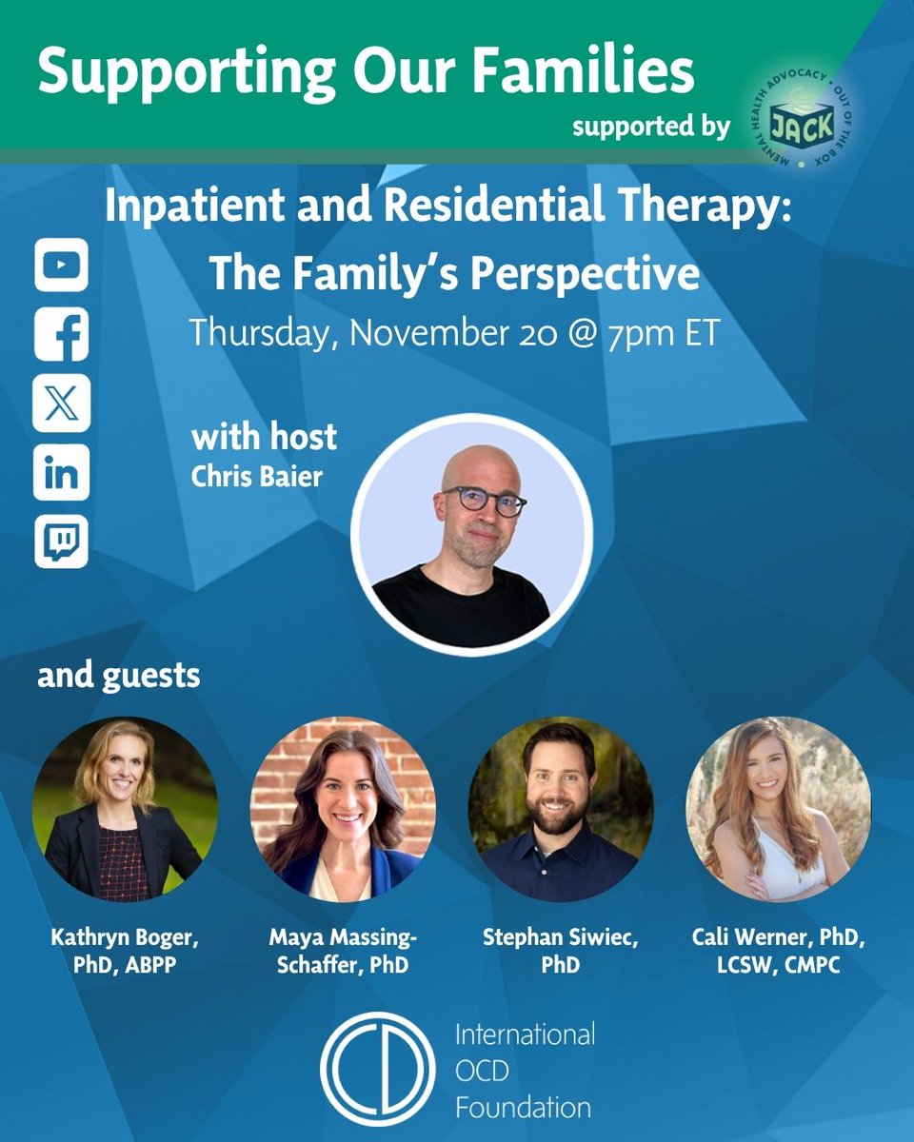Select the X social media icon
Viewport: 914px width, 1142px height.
[62, 404]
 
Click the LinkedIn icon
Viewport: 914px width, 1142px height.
[62, 473]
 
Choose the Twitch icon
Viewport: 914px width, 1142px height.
[62, 541]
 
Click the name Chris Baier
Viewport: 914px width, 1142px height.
[256, 476]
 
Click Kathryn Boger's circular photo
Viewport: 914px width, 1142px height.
[125, 809]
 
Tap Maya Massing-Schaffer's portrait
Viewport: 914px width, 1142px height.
[343, 809]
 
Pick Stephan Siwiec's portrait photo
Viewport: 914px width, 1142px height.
[561, 809]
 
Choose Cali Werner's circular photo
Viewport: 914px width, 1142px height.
[778, 809]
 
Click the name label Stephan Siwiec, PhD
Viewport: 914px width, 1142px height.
[561, 951]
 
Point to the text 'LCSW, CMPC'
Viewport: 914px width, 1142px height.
[779, 963]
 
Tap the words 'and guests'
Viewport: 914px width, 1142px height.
[119, 676]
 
